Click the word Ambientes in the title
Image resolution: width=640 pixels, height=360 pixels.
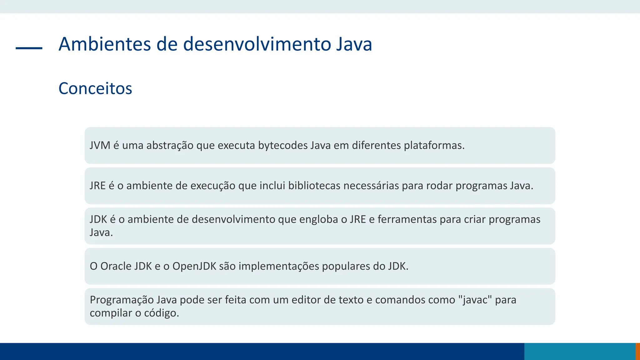105,44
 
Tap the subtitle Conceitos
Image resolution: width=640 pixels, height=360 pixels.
95,88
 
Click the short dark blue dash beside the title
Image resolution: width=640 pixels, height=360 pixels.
29,48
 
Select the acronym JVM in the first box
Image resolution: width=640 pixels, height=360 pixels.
100,145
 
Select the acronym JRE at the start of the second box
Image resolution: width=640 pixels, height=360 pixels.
97,186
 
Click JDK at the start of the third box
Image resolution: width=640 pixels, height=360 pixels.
98,219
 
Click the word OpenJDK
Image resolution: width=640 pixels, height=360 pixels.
194,266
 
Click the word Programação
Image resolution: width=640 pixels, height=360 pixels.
121,300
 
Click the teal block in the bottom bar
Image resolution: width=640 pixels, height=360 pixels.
580,351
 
